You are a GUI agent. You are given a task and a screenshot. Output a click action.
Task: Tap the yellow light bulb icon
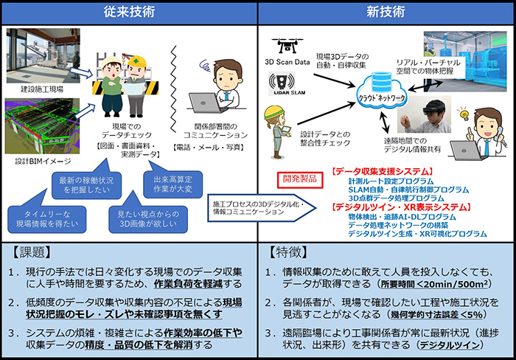(464, 113)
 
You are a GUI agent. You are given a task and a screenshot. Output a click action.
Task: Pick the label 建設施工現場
(30, 89)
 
